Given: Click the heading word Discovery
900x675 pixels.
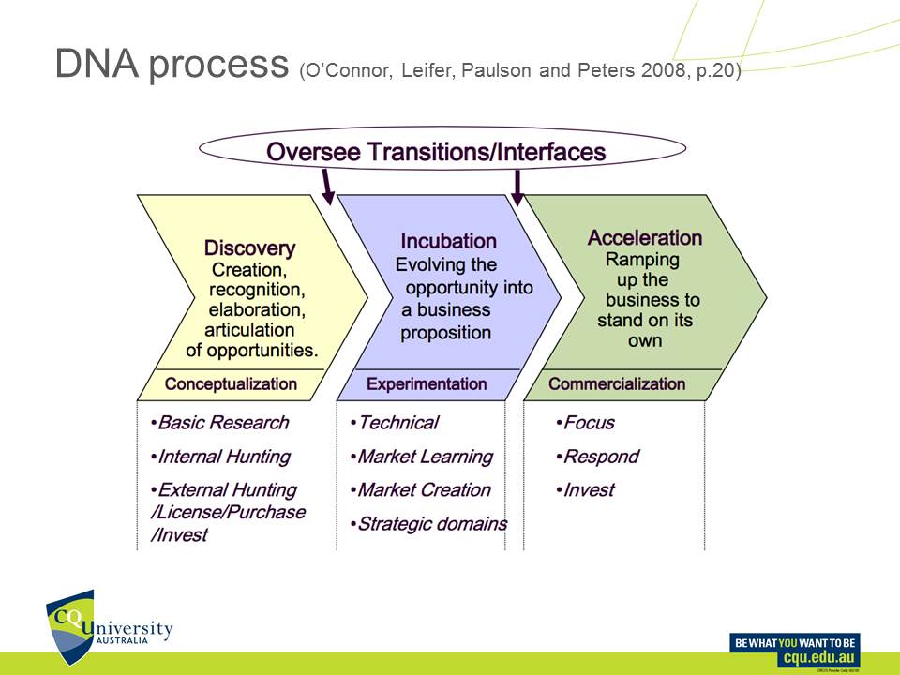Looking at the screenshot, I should pyautogui.click(x=249, y=248).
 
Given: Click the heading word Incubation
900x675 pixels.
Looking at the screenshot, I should pyautogui.click(x=448, y=241).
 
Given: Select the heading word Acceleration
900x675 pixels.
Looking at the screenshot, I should pyautogui.click(x=644, y=237).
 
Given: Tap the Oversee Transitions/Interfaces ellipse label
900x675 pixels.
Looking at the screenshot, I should pyautogui.click(x=436, y=152).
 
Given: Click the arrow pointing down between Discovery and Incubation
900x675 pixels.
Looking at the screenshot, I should pyautogui.click(x=328, y=187).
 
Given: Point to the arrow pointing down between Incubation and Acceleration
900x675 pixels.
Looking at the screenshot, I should pyautogui.click(x=517, y=187).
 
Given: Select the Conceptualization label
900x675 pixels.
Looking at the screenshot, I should pyautogui.click(x=231, y=383).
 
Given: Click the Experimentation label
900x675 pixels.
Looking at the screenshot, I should pyautogui.click(x=427, y=383).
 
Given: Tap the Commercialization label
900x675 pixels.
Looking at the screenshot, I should pyautogui.click(x=617, y=383).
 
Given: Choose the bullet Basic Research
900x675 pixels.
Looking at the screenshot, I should pyautogui.click(x=222, y=423).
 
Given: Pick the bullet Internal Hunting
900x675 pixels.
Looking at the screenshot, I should pyautogui.click(x=223, y=457).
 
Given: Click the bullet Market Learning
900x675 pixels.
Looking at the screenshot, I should pyautogui.click(x=424, y=457).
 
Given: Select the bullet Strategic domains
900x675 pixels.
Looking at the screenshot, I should pyautogui.click(x=431, y=524).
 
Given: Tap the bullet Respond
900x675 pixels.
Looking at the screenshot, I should pyautogui.click(x=600, y=457).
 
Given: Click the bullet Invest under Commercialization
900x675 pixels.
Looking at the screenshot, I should pyautogui.click(x=588, y=490).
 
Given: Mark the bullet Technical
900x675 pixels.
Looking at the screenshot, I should pyautogui.click(x=397, y=423).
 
